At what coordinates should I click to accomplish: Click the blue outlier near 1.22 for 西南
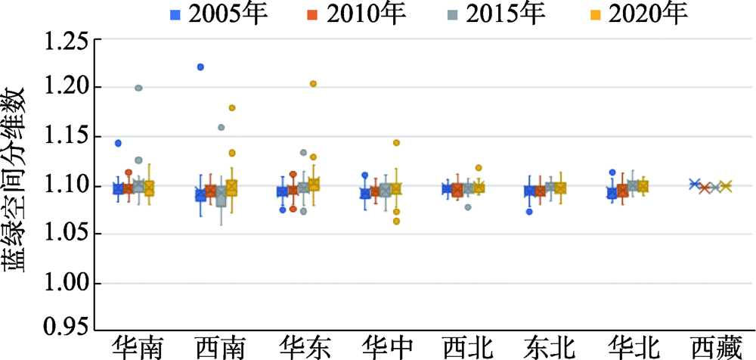click(x=200, y=67)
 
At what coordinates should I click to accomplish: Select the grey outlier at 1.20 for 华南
click(x=138, y=88)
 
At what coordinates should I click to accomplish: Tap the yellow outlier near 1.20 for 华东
click(x=313, y=84)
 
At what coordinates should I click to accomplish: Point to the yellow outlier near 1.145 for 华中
click(x=396, y=142)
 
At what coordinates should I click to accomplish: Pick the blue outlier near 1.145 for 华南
click(x=118, y=143)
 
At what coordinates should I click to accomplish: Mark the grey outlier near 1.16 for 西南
click(x=221, y=128)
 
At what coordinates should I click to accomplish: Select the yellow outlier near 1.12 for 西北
click(x=479, y=168)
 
